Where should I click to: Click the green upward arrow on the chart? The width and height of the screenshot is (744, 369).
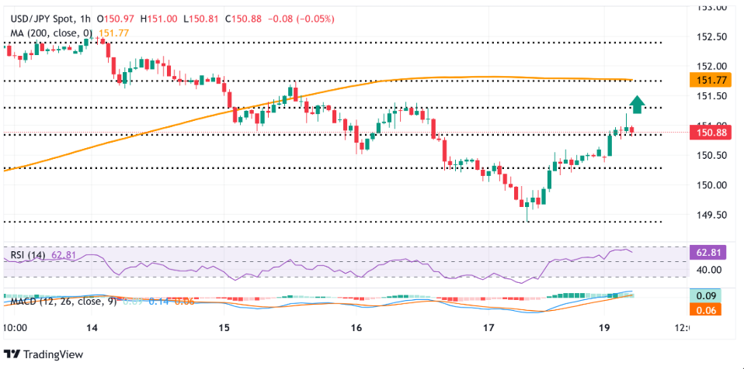(637, 104)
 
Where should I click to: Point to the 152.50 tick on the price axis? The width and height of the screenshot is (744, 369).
(711, 36)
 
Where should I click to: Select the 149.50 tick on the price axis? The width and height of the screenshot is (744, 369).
(711, 215)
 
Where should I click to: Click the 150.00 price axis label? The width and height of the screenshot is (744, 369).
(711, 185)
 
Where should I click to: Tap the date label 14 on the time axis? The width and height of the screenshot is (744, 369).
(92, 329)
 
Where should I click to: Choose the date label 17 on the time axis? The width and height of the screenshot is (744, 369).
(488, 329)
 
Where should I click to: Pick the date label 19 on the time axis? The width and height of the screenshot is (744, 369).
(621, 329)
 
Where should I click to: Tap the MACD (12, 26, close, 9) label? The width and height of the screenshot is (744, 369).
(60, 300)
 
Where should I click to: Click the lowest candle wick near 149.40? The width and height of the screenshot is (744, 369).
(527, 218)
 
